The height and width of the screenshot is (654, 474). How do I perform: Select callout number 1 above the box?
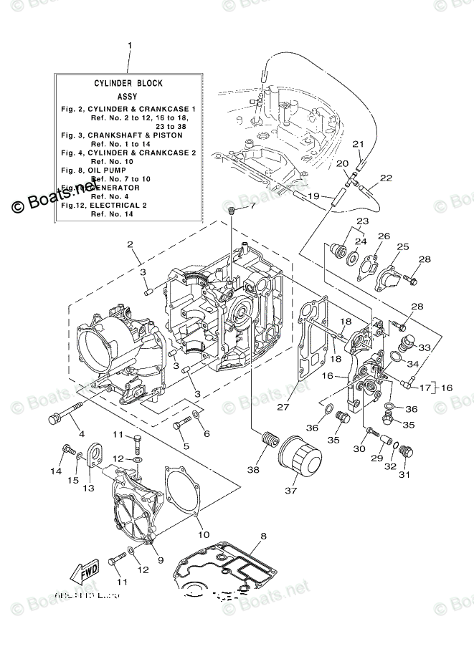click(x=129, y=46)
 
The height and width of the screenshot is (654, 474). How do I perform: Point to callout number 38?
click(x=252, y=471)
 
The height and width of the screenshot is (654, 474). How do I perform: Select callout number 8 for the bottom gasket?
click(x=263, y=535)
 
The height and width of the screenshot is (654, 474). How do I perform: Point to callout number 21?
click(x=359, y=144)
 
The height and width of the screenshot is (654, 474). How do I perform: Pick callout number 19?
click(x=313, y=196)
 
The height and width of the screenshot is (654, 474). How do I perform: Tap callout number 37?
click(x=290, y=491)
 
